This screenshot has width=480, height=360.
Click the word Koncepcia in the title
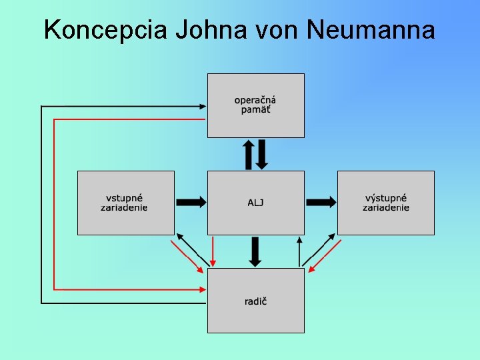[x=107, y=30]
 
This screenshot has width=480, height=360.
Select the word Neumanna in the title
[x=372, y=30]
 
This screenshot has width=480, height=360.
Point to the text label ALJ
[x=255, y=203]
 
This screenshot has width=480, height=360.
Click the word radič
[x=255, y=301]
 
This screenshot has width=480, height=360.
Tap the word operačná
[x=255, y=101]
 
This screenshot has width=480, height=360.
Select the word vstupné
[x=125, y=198]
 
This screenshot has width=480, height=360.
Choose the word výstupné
[x=386, y=198]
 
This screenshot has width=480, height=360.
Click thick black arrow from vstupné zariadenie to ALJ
[x=191, y=202]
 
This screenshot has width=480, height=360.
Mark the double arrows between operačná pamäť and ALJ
[x=255, y=154]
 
